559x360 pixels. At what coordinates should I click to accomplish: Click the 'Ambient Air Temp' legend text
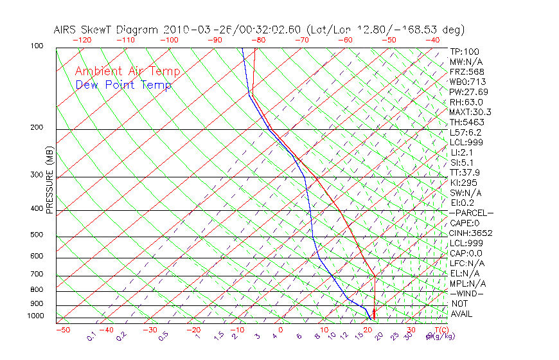[x=127, y=71]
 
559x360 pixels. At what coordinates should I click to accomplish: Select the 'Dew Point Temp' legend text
[x=123, y=85]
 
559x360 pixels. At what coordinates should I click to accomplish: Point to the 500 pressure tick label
[x=37, y=235]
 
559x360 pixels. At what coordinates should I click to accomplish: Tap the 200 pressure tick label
[x=37, y=127]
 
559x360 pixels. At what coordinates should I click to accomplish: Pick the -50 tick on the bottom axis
[x=62, y=330]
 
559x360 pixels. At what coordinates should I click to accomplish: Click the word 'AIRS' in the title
[x=66, y=30]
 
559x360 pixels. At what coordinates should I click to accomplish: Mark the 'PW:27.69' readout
[x=469, y=92]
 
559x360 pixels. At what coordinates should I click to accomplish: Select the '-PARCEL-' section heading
[x=471, y=213]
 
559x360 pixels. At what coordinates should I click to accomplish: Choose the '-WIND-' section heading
[x=467, y=293]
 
